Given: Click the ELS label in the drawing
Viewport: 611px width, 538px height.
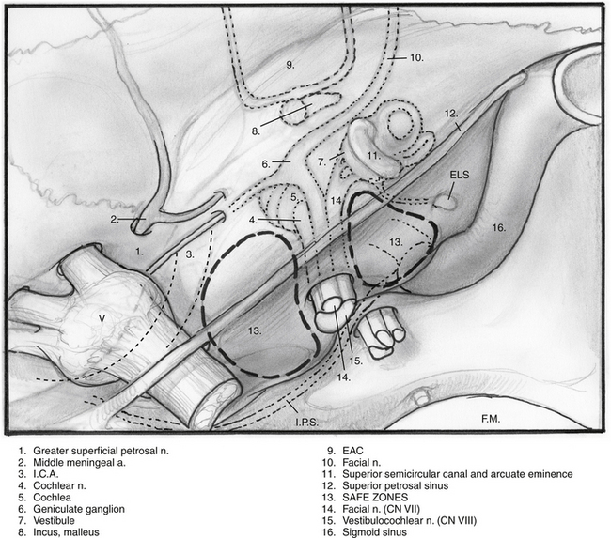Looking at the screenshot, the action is [x=460, y=175].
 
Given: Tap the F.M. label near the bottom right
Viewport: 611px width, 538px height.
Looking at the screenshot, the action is [x=491, y=419].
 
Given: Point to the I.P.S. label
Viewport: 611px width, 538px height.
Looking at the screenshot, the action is [x=306, y=422].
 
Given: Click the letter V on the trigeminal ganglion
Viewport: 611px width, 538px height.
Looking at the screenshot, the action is [x=102, y=318].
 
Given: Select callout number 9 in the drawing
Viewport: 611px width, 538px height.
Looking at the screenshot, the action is [x=290, y=65].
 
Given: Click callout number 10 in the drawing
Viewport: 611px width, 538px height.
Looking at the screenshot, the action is [x=416, y=57].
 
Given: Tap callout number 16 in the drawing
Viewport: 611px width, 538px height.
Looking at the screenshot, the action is [x=499, y=227].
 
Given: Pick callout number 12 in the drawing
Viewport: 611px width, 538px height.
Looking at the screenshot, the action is [x=451, y=114].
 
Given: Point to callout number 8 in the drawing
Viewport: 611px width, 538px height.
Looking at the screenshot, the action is [x=256, y=131].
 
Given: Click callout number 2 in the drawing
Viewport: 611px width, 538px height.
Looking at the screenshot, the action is [x=115, y=219].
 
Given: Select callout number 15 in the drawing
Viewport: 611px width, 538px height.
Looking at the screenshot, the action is [x=355, y=361].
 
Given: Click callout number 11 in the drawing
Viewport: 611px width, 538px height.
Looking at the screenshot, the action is [x=373, y=156].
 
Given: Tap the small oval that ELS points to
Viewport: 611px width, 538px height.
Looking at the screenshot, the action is [x=446, y=203].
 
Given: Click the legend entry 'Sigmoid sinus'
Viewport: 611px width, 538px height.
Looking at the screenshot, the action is [x=374, y=532].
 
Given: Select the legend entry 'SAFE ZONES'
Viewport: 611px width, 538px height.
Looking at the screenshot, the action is [x=375, y=497].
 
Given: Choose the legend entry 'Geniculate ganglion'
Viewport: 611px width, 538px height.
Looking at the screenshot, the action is [x=79, y=509].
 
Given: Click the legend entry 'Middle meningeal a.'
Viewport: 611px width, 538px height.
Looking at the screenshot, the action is [x=80, y=463].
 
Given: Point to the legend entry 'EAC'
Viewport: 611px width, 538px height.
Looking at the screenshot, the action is [x=352, y=451].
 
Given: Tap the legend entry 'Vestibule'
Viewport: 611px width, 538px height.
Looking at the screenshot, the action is [x=54, y=520].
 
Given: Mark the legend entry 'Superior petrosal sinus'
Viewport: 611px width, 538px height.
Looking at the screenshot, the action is [x=395, y=485].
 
